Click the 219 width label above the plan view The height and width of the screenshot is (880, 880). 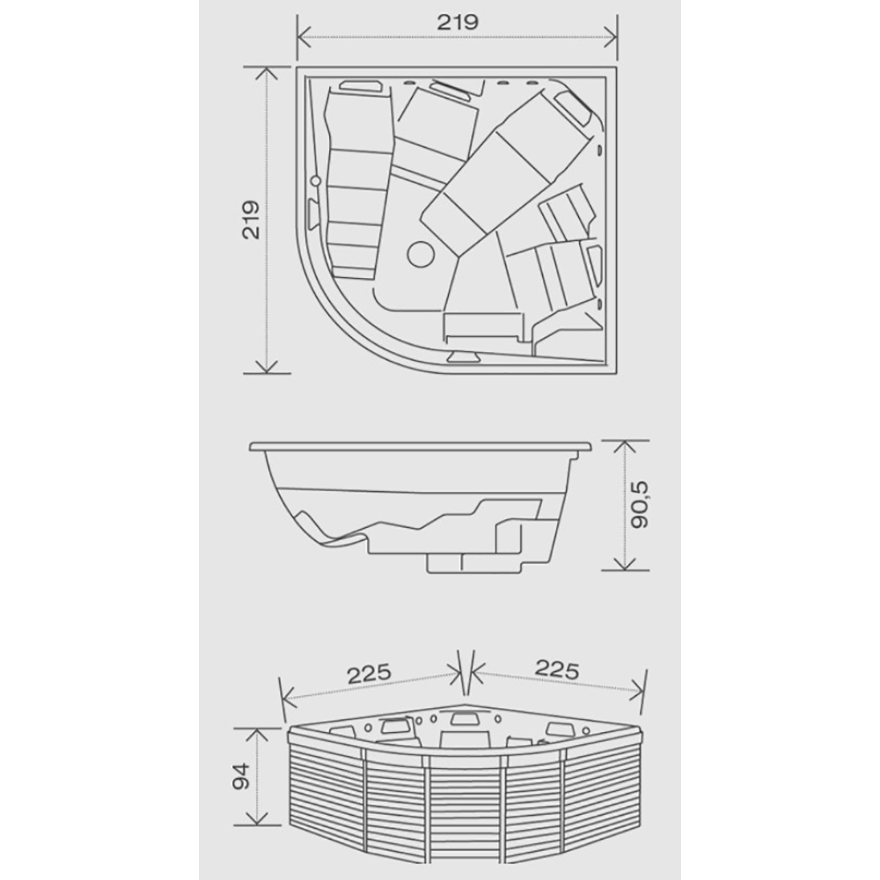click(x=458, y=23)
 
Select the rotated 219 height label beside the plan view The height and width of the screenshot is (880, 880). click(x=250, y=219)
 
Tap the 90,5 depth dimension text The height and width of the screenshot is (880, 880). click(x=639, y=504)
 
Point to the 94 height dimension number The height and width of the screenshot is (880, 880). click(x=241, y=776)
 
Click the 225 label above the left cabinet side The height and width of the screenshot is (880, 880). click(x=369, y=674)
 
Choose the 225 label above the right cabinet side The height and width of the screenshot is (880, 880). click(x=557, y=669)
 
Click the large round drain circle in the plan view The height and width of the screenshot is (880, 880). click(x=421, y=253)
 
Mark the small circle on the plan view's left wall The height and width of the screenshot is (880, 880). click(x=315, y=180)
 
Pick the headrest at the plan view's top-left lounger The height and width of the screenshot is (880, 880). click(x=361, y=86)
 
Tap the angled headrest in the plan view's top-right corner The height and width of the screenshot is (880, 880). click(x=573, y=106)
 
